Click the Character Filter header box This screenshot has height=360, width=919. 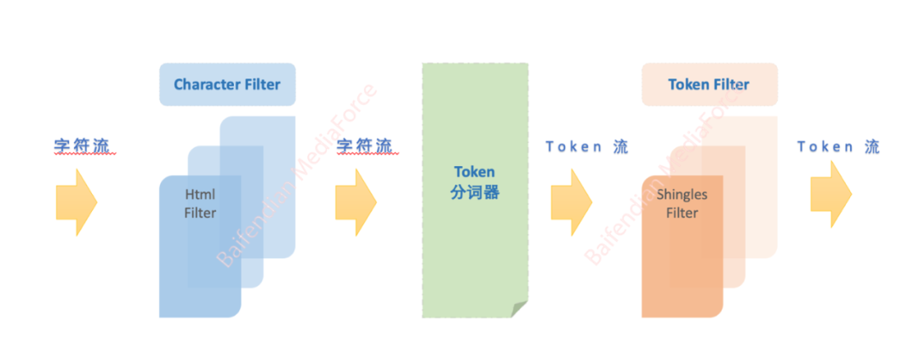coord(227,84)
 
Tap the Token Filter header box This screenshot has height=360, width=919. coord(709,84)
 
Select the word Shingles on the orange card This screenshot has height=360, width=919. coord(682,194)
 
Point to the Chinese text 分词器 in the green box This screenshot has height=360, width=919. coord(474,193)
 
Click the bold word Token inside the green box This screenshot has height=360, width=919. coord(474,173)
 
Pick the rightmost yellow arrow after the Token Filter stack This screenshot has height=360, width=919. coord(831,194)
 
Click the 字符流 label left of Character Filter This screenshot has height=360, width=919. coord(83,146)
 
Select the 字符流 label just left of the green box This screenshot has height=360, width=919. coord(365,146)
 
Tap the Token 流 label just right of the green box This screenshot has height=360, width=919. coord(587,146)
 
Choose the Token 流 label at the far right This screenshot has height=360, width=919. coord(838,146)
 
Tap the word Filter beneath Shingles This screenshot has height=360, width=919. coord(682,213)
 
